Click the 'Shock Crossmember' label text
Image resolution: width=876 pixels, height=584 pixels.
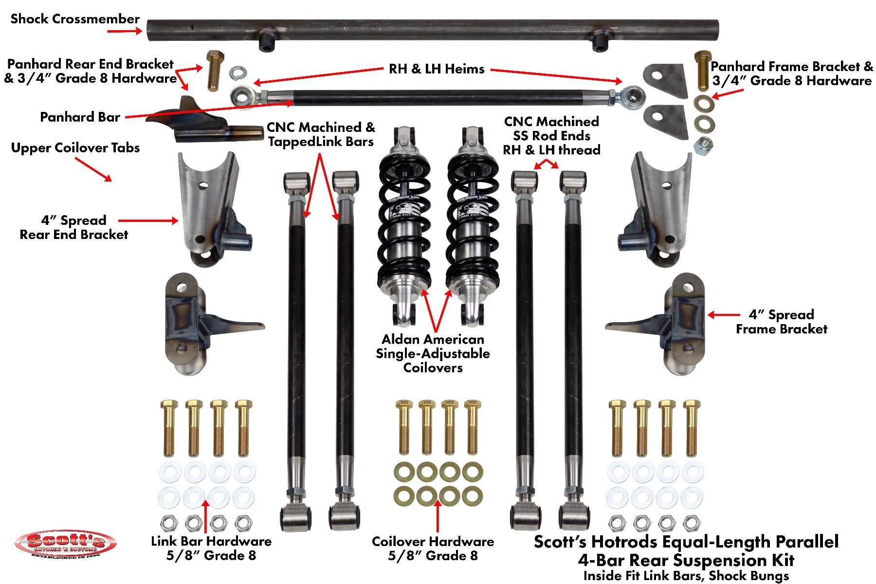(75, 19)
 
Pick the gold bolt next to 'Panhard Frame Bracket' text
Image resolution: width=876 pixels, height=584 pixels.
(702, 70)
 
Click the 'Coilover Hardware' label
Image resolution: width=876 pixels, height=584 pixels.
(433, 541)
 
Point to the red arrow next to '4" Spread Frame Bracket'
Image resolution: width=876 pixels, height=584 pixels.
(720, 315)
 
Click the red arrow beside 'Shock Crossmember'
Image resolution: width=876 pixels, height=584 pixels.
(124, 31)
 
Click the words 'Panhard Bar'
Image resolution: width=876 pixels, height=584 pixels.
(80, 117)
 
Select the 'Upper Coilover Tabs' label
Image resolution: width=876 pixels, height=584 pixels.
(75, 147)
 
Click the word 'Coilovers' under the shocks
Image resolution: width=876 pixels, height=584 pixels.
(433, 367)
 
